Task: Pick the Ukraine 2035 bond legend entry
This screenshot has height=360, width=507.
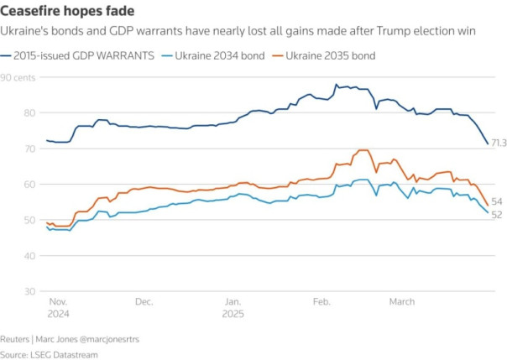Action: [x=330, y=55]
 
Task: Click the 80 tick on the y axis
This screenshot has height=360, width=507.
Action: [x=7, y=112]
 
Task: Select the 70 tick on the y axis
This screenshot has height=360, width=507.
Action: [x=7, y=149]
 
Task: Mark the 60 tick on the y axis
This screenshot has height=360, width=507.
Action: [x=7, y=184]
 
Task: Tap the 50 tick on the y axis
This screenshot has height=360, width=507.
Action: [x=7, y=220]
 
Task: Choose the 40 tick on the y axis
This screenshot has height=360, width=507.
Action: [x=7, y=255]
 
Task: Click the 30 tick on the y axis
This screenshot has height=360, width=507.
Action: [x=7, y=290]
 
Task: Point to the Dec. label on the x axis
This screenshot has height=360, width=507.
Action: [x=144, y=300]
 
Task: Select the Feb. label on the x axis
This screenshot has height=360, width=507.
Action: [x=321, y=300]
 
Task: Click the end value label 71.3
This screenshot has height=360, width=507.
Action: [x=499, y=143]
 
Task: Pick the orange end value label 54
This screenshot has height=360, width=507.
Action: [x=496, y=202]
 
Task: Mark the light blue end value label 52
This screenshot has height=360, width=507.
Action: [x=496, y=215]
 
